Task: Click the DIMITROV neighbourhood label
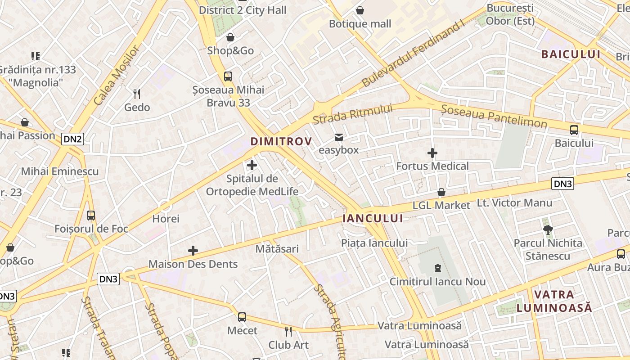[281, 141]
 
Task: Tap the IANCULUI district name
[373, 218]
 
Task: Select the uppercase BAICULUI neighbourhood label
[571, 54]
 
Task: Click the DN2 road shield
[73, 139]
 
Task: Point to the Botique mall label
[360, 23]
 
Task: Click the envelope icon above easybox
[339, 137]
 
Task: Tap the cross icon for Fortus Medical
[432, 153]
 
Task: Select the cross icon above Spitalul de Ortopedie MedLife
[252, 165]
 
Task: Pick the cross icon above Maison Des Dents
[193, 251]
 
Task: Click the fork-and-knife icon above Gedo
[137, 94]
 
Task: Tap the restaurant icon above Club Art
[288, 332]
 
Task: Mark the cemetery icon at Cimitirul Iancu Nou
[437, 269]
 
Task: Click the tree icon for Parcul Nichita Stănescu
[548, 230]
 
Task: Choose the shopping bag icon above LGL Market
[441, 192]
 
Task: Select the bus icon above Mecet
[242, 317]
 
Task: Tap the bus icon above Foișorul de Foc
[91, 216]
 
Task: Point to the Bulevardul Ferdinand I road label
[413, 54]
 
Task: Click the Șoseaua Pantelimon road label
[494, 116]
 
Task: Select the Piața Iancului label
[374, 243]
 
